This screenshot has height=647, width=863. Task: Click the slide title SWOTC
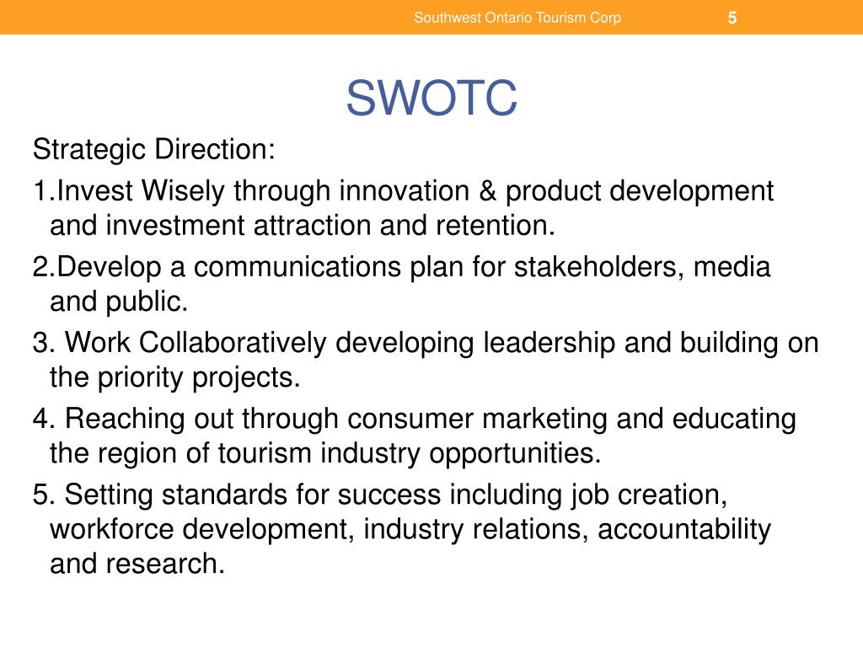pyautogui.click(x=431, y=99)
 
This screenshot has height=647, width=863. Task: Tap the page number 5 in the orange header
pyautogui.click(x=732, y=18)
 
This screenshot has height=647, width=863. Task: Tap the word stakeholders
pyautogui.click(x=600, y=268)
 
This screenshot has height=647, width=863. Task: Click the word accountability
pyautogui.click(x=684, y=529)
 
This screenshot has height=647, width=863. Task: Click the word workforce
pyautogui.click(x=113, y=529)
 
